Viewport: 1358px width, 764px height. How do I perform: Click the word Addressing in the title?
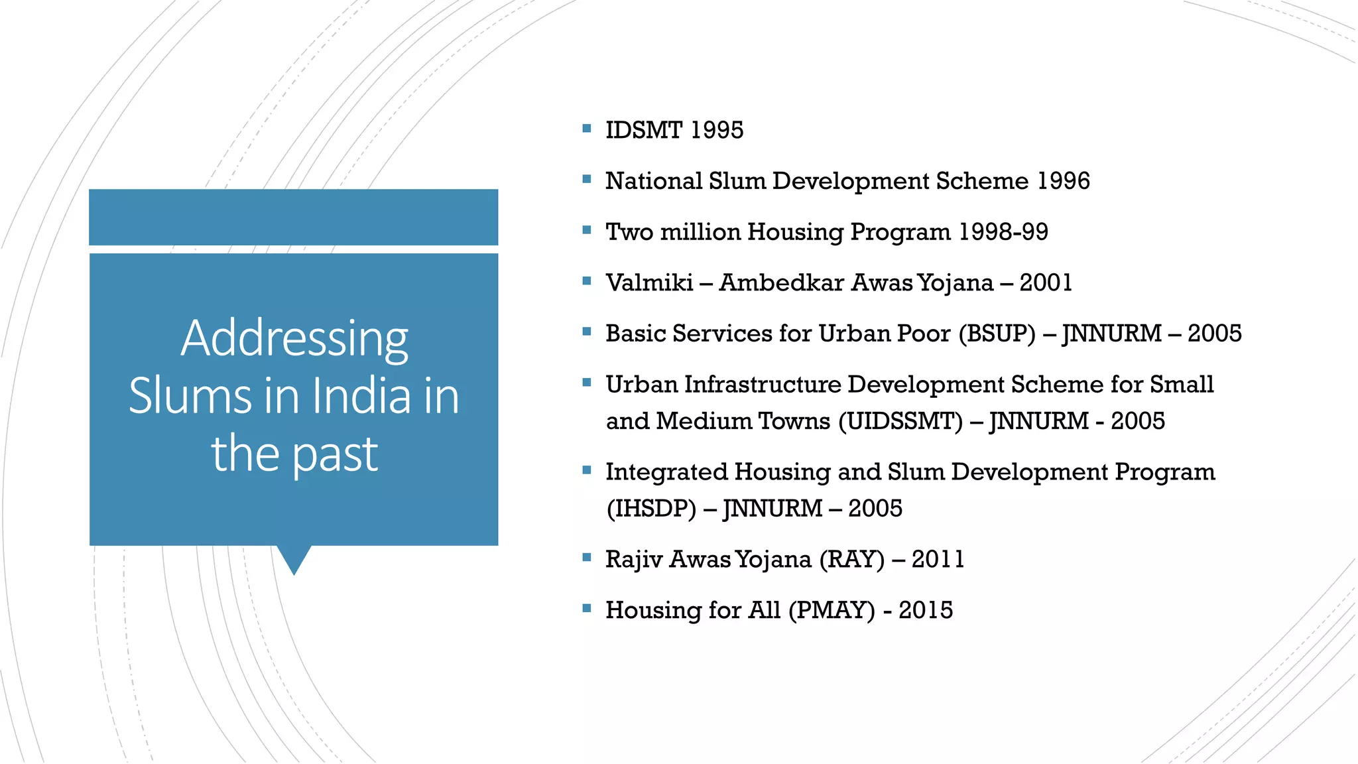point(294,338)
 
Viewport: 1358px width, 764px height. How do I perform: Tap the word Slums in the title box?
point(191,396)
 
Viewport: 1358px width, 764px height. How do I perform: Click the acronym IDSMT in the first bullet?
point(644,130)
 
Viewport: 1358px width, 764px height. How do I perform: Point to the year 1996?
point(1064,181)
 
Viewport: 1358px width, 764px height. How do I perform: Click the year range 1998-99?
point(1003,232)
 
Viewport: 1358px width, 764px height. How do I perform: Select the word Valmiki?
point(649,283)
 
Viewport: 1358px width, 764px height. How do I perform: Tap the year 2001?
point(1046,283)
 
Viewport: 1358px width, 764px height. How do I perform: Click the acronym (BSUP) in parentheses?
point(997,334)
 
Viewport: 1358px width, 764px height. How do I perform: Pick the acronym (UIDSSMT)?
point(900,421)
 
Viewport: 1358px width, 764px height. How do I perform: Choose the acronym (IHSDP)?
point(651,509)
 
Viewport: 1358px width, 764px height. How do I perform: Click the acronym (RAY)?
point(851,560)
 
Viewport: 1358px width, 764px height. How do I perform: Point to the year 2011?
point(938,560)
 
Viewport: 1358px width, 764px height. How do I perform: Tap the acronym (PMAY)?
point(832,610)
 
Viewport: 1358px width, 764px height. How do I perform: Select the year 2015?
point(925,610)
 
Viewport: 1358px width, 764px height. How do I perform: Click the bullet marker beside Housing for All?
point(586,607)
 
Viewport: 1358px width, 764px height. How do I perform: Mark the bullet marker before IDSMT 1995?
point(586,128)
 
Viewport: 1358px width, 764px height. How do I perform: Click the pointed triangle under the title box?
point(294,559)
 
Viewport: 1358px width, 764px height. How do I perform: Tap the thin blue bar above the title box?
point(293,218)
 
